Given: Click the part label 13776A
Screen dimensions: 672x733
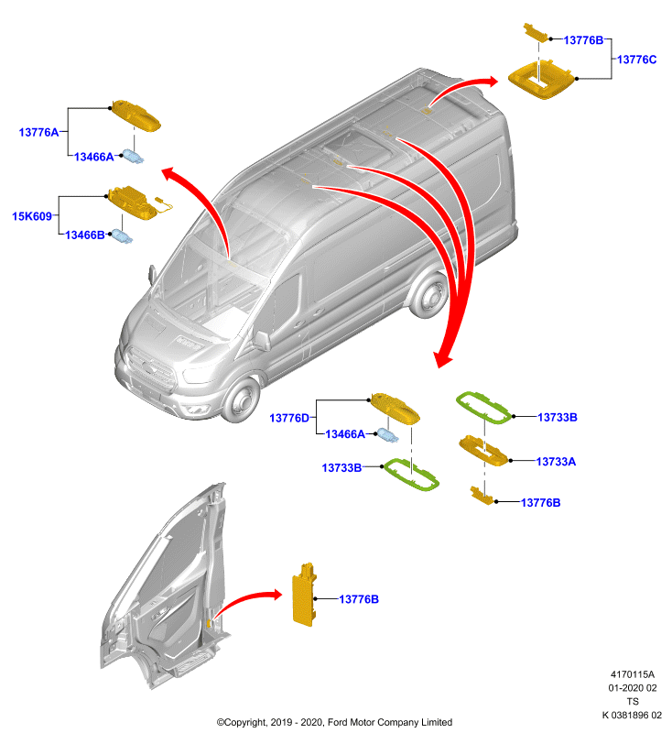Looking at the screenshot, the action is (x=38, y=132).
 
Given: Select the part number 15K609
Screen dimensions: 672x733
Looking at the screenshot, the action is (x=32, y=216).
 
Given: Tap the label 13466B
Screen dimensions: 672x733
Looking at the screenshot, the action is (x=84, y=235).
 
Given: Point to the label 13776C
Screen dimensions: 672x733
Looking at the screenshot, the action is (x=636, y=60).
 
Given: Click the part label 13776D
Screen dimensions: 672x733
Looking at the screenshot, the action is (x=289, y=418).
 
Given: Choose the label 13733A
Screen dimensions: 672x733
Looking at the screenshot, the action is (x=556, y=462).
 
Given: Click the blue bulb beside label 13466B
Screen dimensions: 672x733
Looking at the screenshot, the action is (x=122, y=236).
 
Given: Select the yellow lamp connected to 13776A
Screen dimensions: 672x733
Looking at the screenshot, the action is (x=135, y=115).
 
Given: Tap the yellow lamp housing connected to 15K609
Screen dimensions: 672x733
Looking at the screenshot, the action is (x=133, y=201).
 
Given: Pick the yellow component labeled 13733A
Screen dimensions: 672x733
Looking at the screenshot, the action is (x=483, y=451).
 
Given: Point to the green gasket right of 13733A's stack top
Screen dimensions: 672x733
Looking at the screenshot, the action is (x=483, y=408).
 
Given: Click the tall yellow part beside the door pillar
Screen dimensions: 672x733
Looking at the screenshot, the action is (x=304, y=594).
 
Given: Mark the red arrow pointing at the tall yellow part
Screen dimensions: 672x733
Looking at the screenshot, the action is (x=247, y=601).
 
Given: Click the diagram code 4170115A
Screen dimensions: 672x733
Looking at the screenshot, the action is (x=633, y=674).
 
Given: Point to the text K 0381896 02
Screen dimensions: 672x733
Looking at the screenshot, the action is (x=632, y=715).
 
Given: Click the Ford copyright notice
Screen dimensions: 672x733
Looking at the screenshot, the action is (x=334, y=722).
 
